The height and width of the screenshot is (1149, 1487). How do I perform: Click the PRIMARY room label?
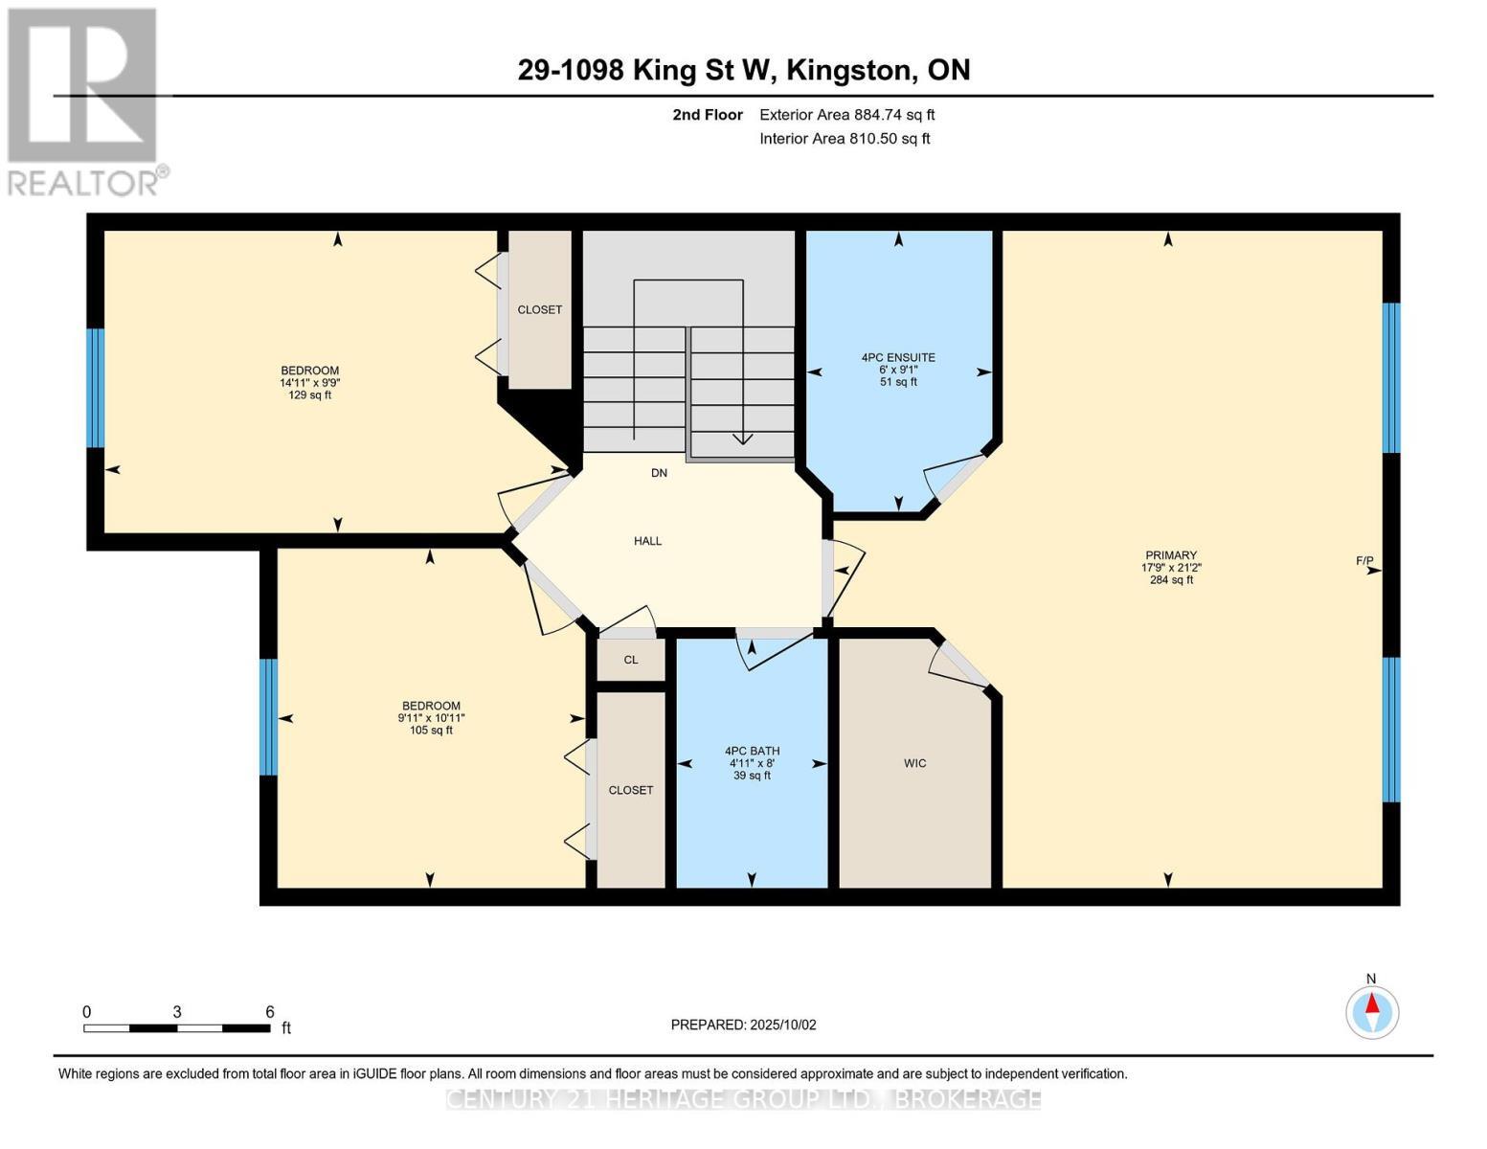[x=1171, y=555]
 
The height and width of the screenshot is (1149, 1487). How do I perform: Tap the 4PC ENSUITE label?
[x=898, y=357]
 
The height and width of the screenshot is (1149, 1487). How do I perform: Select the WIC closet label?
[x=914, y=763]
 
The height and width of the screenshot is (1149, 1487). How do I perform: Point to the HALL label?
[x=647, y=541]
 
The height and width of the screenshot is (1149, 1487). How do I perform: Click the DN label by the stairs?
[x=659, y=473]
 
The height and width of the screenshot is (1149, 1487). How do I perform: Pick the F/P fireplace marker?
[x=1364, y=561]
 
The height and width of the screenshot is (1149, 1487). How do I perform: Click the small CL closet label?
[x=630, y=660]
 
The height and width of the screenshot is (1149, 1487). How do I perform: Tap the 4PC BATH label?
[x=752, y=751]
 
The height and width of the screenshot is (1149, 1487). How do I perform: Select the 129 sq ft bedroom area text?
[x=310, y=394]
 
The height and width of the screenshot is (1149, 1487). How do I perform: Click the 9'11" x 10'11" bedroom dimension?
[x=431, y=718]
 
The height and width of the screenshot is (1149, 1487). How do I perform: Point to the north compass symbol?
[x=1372, y=1011]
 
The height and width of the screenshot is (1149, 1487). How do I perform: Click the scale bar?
[x=177, y=1028]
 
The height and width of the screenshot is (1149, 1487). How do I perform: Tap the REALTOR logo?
[x=84, y=101]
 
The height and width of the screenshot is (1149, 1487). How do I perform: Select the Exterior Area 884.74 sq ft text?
[x=846, y=115]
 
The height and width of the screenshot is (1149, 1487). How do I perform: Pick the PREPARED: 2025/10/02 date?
[x=743, y=1025]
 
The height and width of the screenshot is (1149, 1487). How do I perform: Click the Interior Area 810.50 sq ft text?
[x=845, y=139]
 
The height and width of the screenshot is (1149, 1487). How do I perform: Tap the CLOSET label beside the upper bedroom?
[x=539, y=309]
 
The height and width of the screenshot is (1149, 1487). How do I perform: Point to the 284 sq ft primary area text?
[x=1171, y=579]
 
